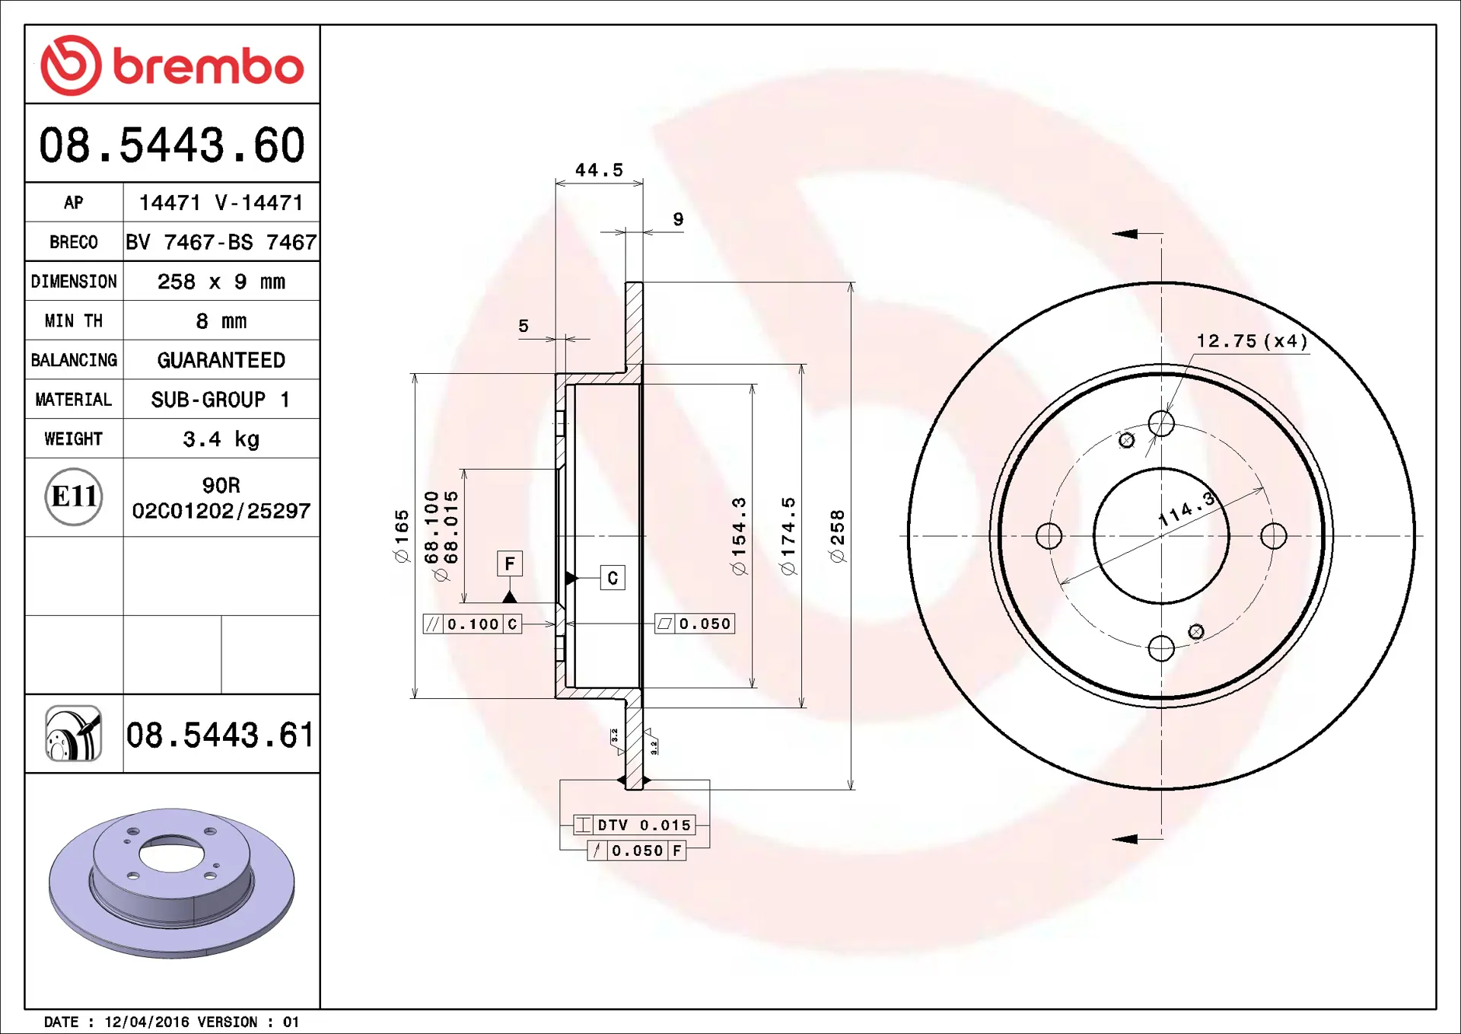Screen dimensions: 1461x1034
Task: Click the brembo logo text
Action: (208, 66)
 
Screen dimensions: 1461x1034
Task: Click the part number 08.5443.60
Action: (172, 145)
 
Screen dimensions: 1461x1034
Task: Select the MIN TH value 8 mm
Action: (221, 321)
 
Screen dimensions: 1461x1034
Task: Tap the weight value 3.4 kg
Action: (221, 439)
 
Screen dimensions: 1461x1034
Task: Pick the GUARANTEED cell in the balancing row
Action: (221, 360)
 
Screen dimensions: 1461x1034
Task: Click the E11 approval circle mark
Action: (74, 496)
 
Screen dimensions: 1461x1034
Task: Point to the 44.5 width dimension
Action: (599, 170)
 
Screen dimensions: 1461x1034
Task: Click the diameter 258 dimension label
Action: (837, 536)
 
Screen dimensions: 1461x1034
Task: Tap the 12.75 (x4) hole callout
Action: (1253, 341)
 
